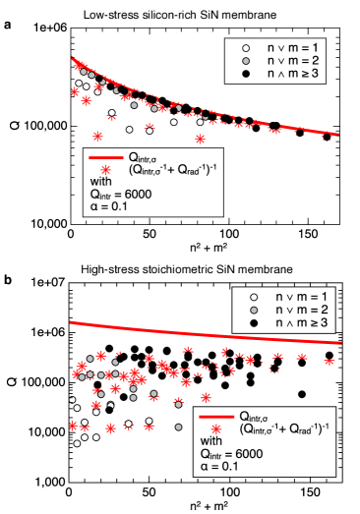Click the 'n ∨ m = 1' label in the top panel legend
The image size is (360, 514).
293,46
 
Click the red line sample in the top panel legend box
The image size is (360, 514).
103,157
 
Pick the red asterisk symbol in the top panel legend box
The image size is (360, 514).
103,169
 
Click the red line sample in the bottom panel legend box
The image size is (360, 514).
213,416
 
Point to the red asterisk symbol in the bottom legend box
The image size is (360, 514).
213,428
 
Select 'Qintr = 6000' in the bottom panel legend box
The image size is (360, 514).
231,454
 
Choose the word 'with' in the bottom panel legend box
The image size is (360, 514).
211,441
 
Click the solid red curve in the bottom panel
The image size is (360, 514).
197,330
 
